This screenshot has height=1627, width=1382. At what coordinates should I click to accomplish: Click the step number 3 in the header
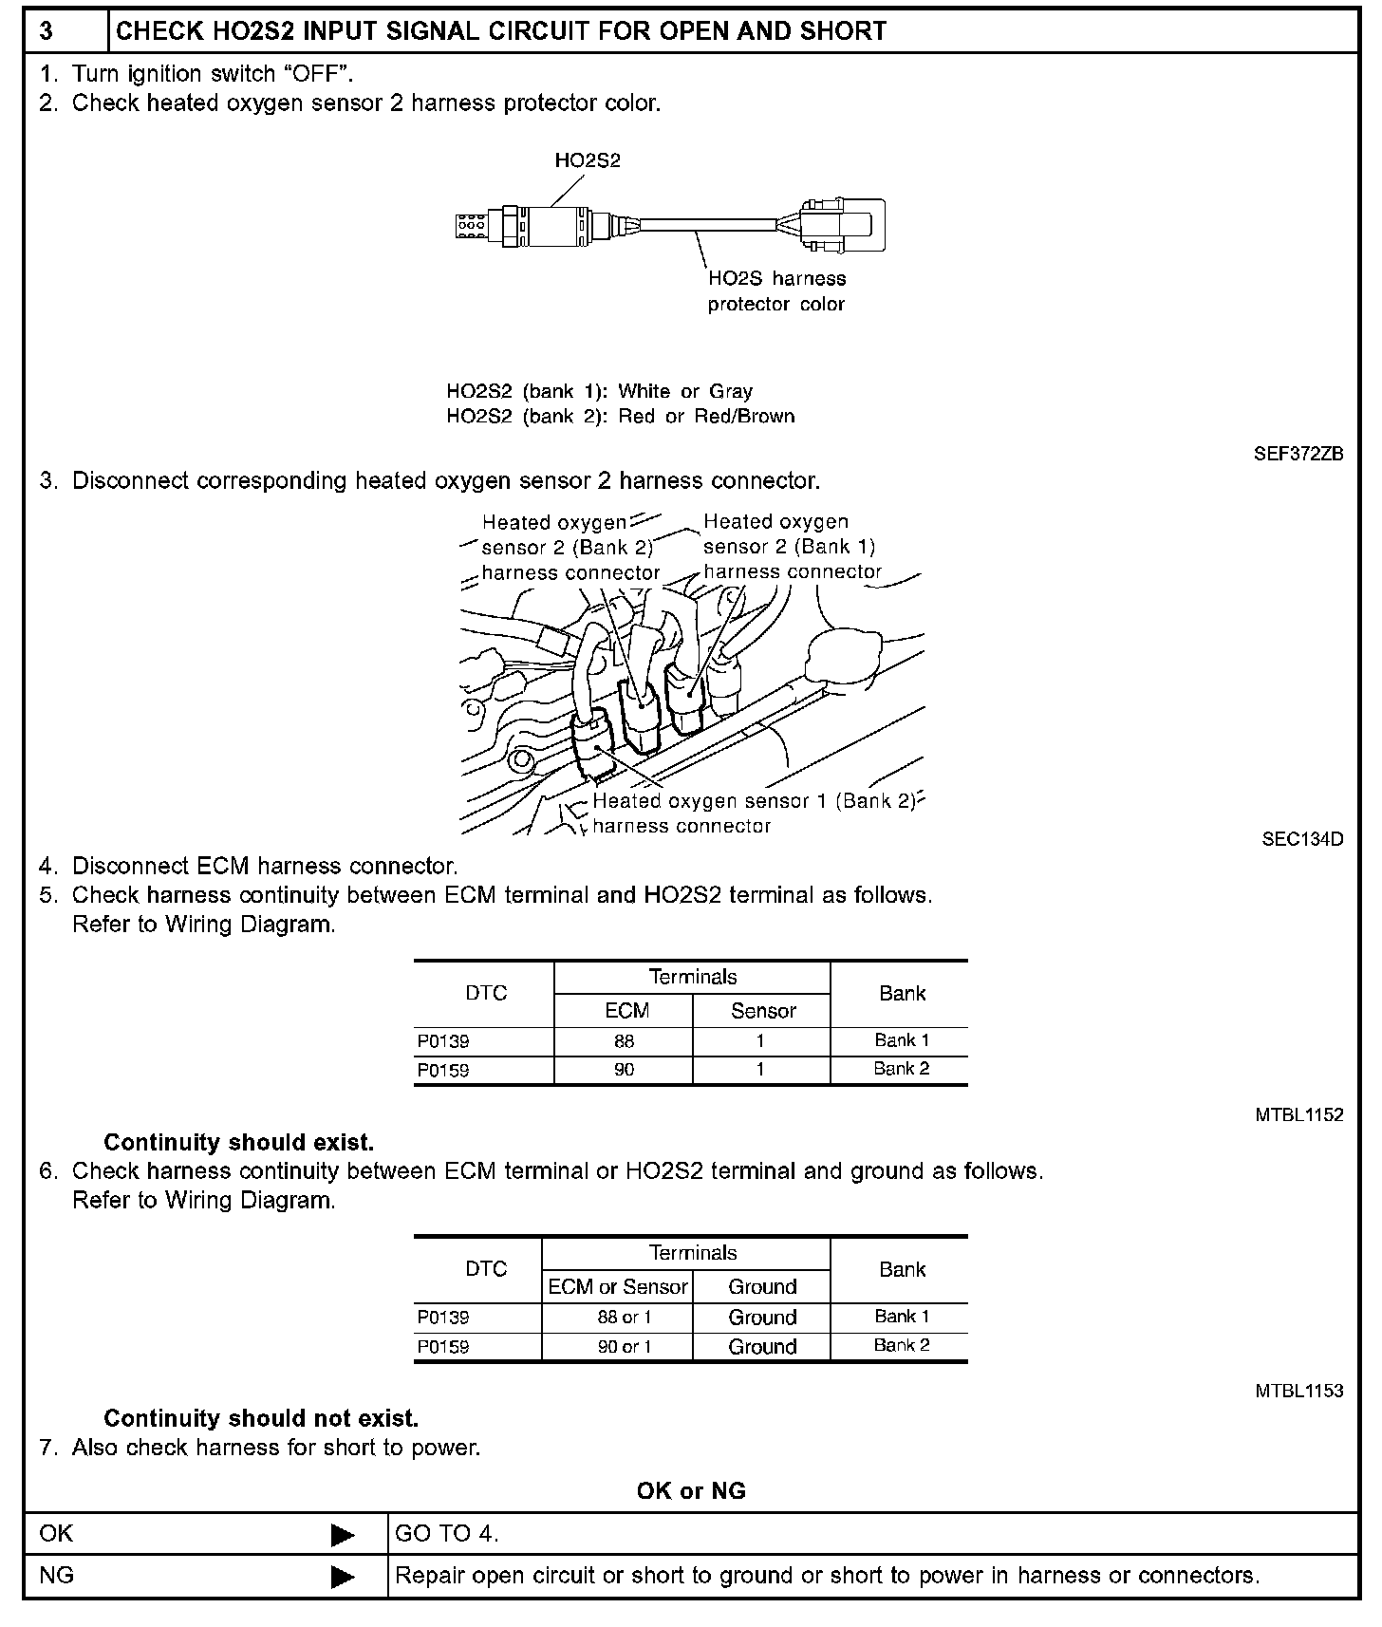47,31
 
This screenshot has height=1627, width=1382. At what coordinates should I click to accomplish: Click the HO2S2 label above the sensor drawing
588,160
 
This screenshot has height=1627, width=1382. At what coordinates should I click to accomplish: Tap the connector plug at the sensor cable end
841,226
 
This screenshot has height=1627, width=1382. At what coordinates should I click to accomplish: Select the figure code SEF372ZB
1298,454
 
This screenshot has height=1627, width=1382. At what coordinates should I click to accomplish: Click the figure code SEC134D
1302,839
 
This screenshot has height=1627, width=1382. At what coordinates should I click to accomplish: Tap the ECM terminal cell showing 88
624,1041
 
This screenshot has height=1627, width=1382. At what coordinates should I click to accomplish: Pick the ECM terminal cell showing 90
624,1070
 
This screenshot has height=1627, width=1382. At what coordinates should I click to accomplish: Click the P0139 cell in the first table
443,1041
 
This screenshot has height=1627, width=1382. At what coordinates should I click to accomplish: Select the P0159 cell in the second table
443,1346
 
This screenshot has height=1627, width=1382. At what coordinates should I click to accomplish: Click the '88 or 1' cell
625,1318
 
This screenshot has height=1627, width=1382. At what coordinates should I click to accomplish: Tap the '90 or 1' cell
625,1346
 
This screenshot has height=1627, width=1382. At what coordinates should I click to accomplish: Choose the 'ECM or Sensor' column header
618,1286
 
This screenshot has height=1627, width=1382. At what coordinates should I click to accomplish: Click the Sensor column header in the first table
763,1011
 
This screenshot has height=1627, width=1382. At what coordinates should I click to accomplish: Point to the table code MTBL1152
1298,1115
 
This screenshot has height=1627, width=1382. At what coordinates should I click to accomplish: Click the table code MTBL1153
1298,1391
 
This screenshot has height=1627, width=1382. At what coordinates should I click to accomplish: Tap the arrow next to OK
343,1534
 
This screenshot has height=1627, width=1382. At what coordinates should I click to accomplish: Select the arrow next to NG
343,1577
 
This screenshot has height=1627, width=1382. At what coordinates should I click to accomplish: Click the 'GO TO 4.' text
447,1533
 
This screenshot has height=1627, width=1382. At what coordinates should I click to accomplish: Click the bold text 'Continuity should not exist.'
261,1418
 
